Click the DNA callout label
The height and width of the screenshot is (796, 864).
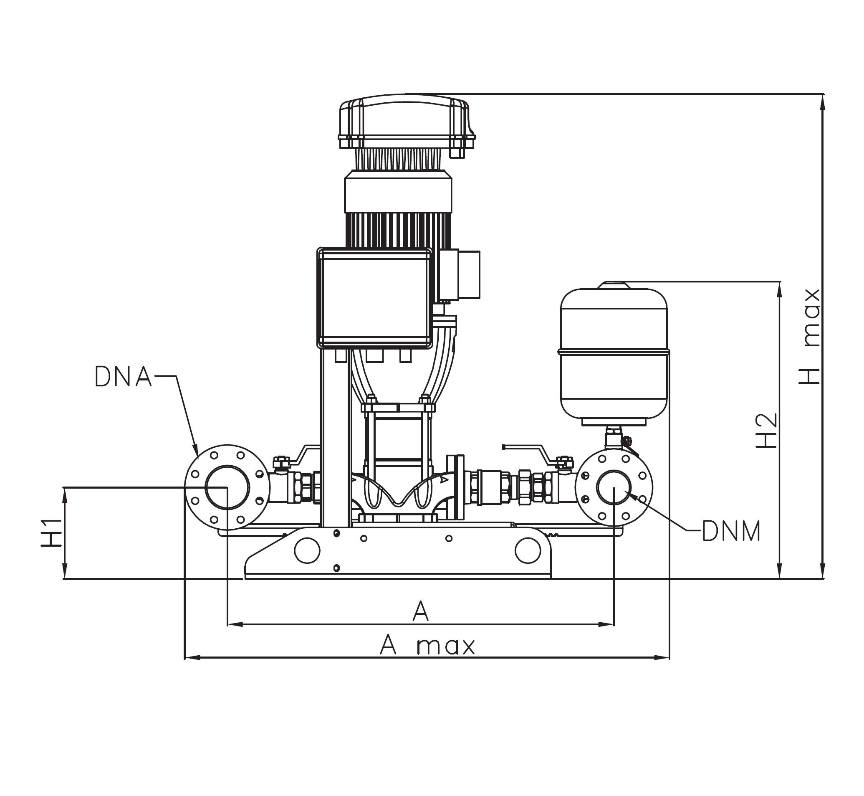[x=123, y=377]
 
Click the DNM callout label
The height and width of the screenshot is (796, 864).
[x=731, y=532]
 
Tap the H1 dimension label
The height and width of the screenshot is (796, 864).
[x=51, y=533]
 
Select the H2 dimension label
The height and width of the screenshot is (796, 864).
[x=767, y=431]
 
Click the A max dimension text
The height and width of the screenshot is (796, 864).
[x=427, y=646]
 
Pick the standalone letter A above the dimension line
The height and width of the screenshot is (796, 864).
[x=421, y=612]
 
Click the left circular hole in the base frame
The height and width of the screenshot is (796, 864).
[x=306, y=550]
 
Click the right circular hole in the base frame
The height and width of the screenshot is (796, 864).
[x=528, y=550]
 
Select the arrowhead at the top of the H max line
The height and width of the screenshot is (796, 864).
[x=823, y=101]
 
